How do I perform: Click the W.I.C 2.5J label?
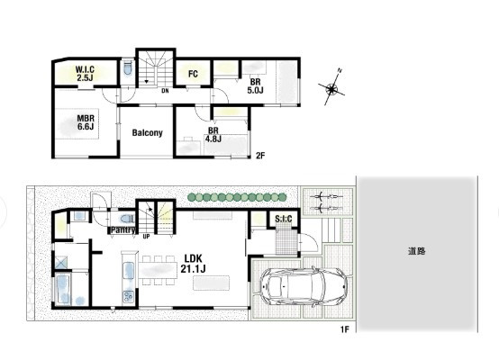coord(85,74)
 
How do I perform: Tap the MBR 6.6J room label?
coord(86,122)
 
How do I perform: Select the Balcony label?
coord(148,132)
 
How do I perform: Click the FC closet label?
coord(193,74)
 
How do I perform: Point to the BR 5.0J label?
coord(255,86)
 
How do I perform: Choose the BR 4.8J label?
coord(213,135)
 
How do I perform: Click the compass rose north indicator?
coord(331,87)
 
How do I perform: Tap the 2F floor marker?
coord(260,156)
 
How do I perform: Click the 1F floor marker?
coord(345,329)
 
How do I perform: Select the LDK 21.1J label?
coord(193,264)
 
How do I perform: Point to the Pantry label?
coord(122,229)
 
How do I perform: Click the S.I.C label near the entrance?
coord(283,219)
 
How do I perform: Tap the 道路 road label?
coord(416,251)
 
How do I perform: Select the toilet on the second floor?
coord(128,68)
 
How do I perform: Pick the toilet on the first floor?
coord(127,219)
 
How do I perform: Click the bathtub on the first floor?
coord(63,290)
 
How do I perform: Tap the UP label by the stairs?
coord(146,237)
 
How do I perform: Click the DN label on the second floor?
coord(165,91)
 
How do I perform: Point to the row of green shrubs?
coord(237,197)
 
